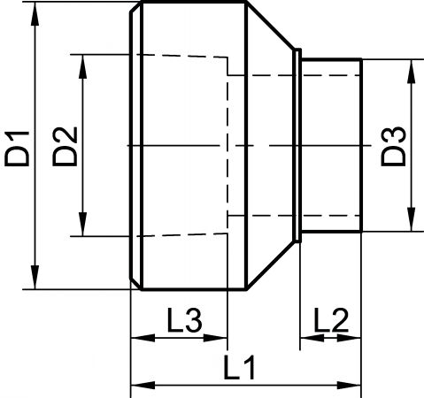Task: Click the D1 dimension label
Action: [x=17, y=149]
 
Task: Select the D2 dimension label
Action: [x=65, y=147]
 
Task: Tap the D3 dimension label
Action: [x=393, y=146]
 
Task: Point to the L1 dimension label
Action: [x=239, y=368]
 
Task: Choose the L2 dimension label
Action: [x=331, y=320]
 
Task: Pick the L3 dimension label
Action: [x=185, y=320]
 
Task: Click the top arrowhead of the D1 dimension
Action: [x=35, y=14]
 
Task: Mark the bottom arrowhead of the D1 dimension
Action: [x=35, y=277]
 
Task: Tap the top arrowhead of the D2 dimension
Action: [x=83, y=66]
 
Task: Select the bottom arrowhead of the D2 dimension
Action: [x=83, y=224]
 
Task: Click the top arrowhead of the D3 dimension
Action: [x=411, y=72]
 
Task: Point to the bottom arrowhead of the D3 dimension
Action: [x=411, y=219]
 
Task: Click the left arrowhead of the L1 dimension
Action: [x=143, y=385]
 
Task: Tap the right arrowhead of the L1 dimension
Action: [x=349, y=385]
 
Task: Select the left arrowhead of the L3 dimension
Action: [x=143, y=338]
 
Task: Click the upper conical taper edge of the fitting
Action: [x=271, y=26]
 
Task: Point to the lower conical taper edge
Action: [x=271, y=265]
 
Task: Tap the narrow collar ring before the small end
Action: [x=297, y=146]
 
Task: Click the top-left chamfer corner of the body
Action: [x=136, y=7]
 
